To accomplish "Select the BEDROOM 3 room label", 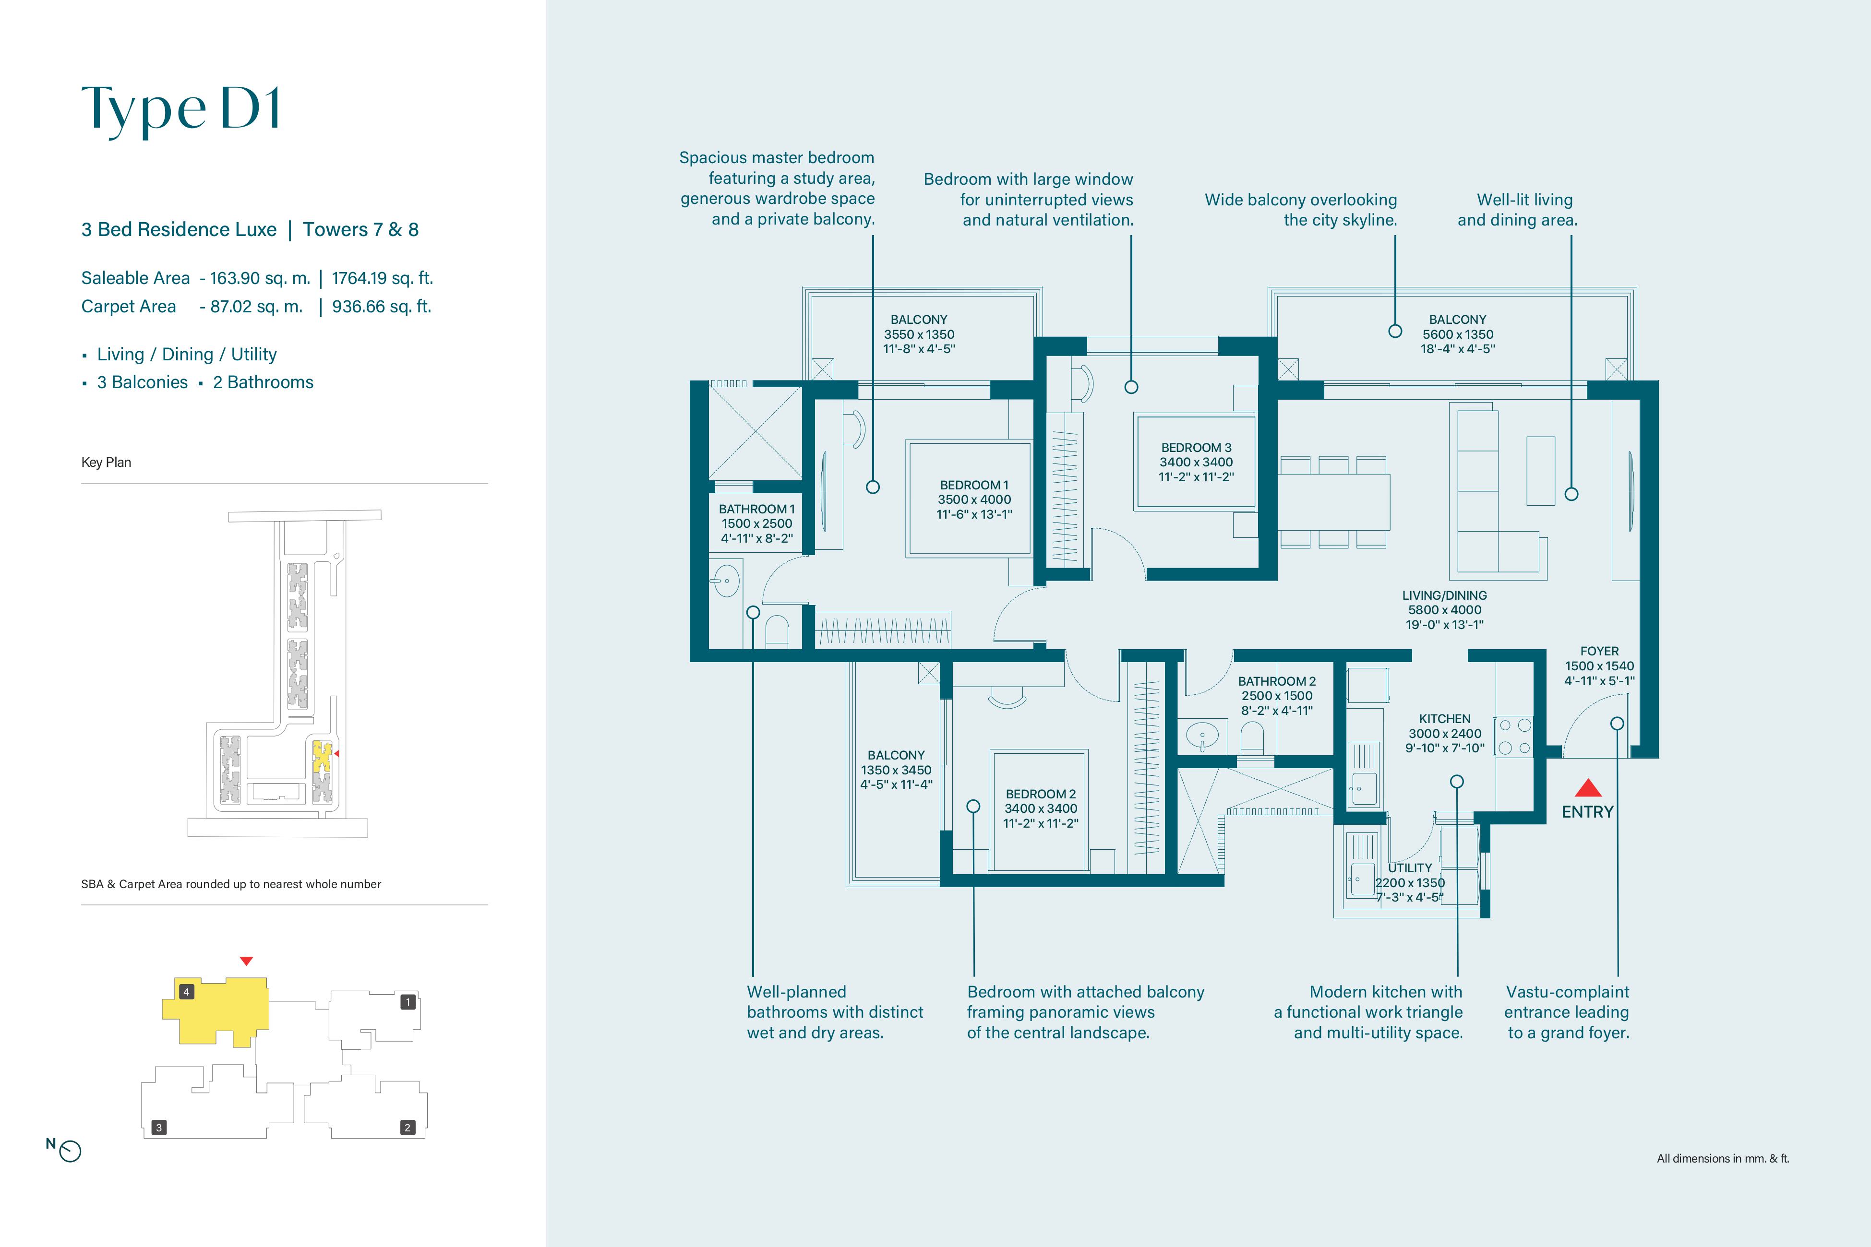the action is pos(1196,448).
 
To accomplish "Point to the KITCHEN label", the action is pos(1445,718).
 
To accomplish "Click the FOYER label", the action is pos(1599,651).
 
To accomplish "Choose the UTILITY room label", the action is pos(1410,867).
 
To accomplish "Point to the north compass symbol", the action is pos(70,1151).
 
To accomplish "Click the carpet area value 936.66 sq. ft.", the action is pos(382,306).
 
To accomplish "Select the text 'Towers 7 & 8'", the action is pos(360,230).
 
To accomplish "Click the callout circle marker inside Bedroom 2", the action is pos(973,807).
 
